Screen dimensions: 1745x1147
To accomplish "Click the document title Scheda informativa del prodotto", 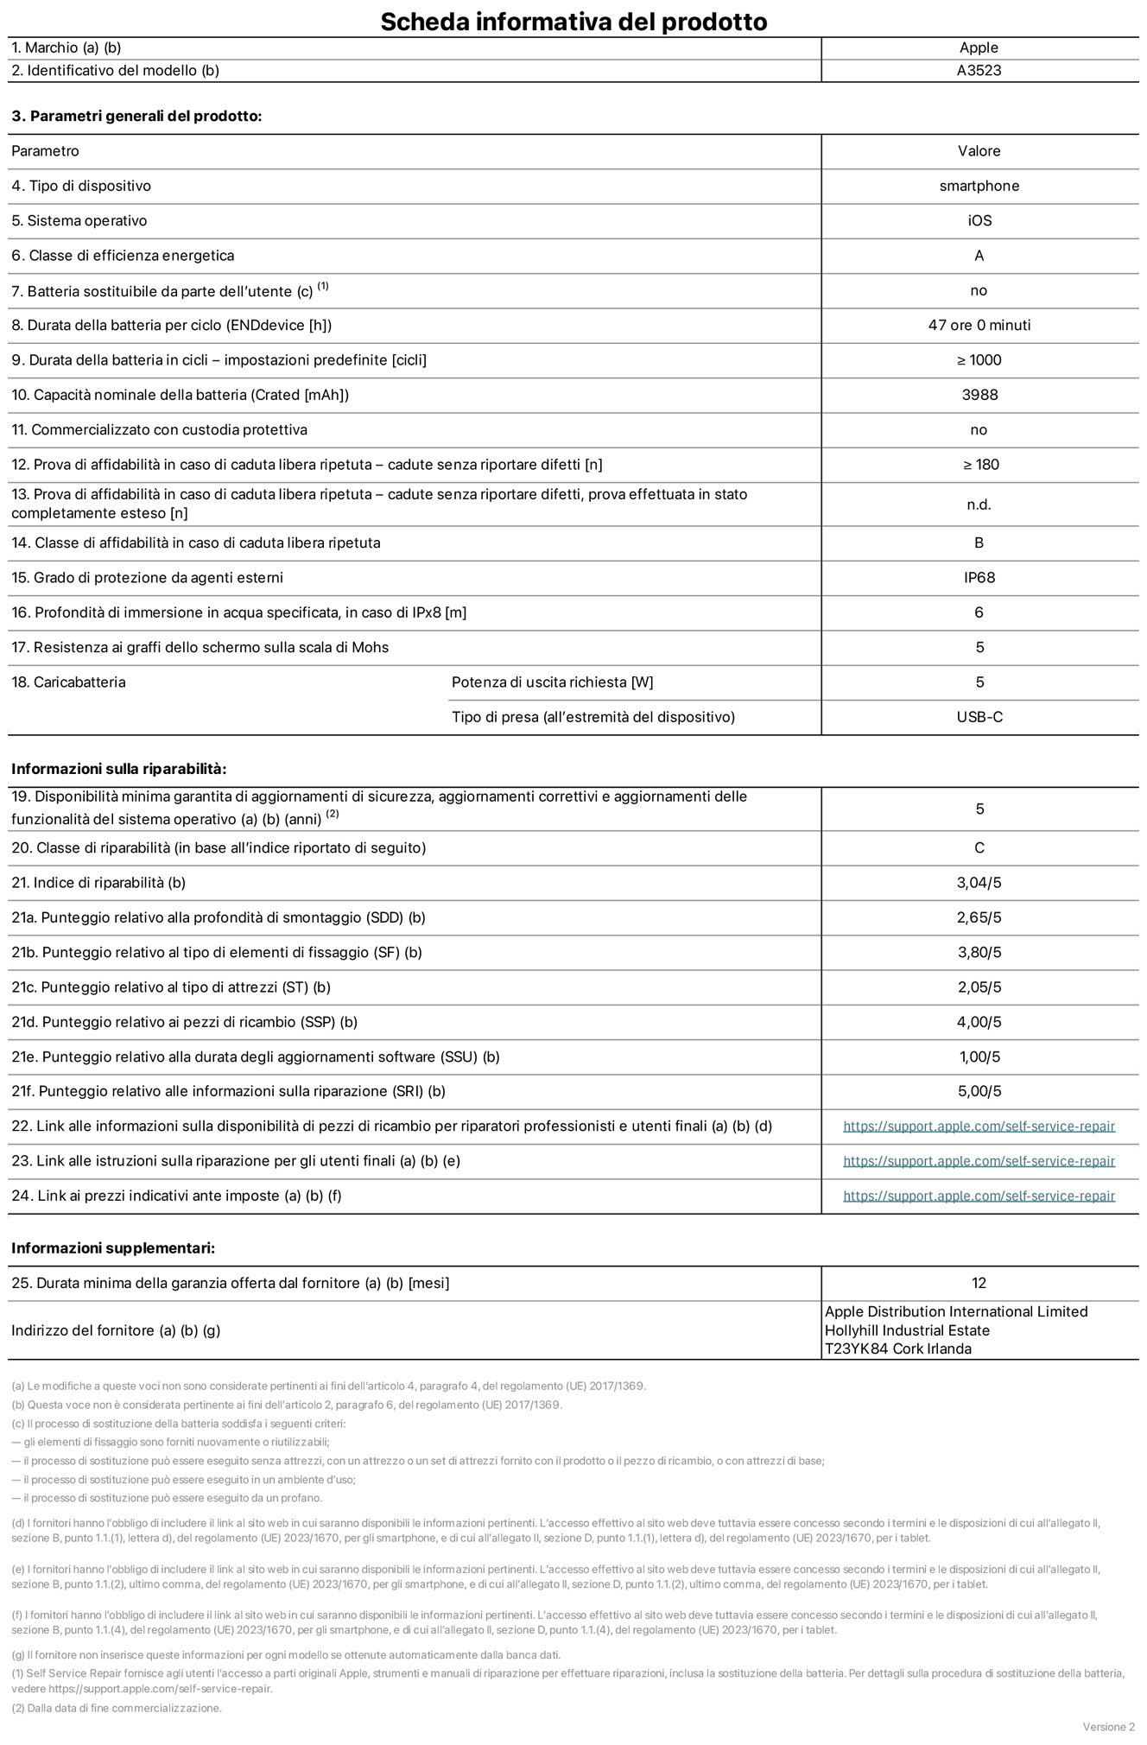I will pyautogui.click(x=573, y=21).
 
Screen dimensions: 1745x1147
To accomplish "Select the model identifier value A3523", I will pyautogui.click(x=979, y=71).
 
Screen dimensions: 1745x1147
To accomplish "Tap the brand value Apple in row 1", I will pyautogui.click(x=979, y=48).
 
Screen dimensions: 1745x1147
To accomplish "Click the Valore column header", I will pyautogui.click(x=979, y=151).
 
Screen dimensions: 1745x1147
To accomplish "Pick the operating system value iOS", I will pyautogui.click(x=979, y=221).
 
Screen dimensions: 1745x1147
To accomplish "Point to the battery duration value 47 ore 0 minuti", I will pyautogui.click(x=979, y=326).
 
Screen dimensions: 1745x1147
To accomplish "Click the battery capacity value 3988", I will pyautogui.click(x=979, y=395).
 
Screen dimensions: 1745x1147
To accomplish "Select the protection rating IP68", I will pyautogui.click(x=979, y=578).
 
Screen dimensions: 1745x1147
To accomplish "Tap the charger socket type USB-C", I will pyautogui.click(x=979, y=717).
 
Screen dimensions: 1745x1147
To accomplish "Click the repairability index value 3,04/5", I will pyautogui.click(x=979, y=883).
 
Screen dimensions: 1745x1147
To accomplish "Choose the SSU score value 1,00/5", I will pyautogui.click(x=979, y=1057).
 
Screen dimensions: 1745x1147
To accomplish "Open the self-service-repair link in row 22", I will pyautogui.click(x=979, y=1126).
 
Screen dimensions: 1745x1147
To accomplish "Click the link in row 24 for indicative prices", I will pyautogui.click(x=979, y=1196).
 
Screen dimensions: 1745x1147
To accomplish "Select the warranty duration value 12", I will pyautogui.click(x=979, y=1284).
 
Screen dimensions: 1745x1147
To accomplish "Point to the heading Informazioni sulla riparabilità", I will pyautogui.click(x=118, y=769).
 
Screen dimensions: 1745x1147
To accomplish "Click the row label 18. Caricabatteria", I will pyautogui.click(x=68, y=682).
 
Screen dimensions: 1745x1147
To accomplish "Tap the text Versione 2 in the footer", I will pyautogui.click(x=1108, y=1727).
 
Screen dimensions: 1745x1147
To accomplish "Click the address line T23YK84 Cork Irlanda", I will pyautogui.click(x=897, y=1349).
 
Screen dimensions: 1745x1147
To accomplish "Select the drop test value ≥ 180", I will pyautogui.click(x=980, y=465).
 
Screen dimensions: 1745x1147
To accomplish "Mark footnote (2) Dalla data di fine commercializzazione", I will pyautogui.click(x=117, y=1708).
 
